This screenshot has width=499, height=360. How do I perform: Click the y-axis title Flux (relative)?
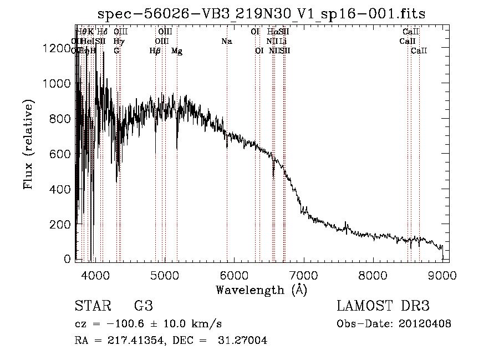point(28,145)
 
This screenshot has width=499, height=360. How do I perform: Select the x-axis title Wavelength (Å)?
point(261,290)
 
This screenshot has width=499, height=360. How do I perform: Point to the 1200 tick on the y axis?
point(57,48)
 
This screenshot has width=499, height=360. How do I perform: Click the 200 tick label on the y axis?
point(60,224)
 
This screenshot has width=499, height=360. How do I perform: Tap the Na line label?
point(226,41)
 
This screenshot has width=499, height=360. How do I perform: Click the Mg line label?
point(177,51)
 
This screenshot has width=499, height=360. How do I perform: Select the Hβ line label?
point(155,51)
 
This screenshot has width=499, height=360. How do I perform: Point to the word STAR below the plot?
point(92,306)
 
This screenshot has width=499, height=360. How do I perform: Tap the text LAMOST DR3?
point(383,306)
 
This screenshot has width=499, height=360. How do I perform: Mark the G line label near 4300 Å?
point(116,51)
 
